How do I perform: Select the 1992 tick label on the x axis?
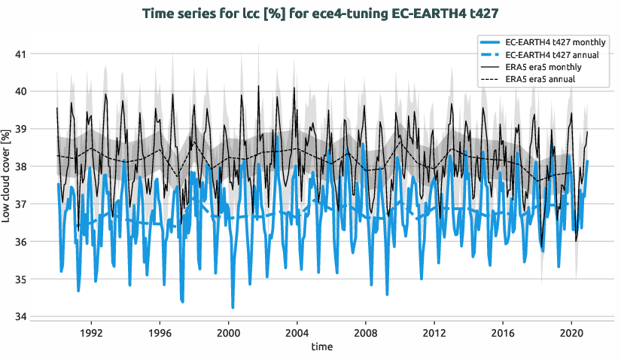click(90, 332)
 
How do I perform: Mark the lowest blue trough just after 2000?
click(233, 307)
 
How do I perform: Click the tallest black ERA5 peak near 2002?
click(258, 86)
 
